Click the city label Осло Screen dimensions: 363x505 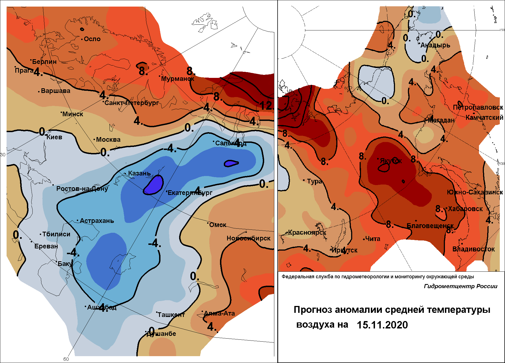pos(92,39)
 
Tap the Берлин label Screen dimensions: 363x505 pos(44,62)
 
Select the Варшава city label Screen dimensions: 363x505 pos(55,91)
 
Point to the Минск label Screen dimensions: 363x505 pos(73,114)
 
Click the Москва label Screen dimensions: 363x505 pos(108,140)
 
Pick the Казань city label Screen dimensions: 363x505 pos(139,173)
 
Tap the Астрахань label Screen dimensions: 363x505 pos(97,221)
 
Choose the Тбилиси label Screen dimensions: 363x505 pos(56,234)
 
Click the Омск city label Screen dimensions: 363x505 pos(218,225)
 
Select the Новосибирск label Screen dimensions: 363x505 pos(249,238)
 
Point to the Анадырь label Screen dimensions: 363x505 pos(435,45)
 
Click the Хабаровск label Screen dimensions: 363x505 pos(465,209)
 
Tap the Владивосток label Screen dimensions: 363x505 pos(473,249)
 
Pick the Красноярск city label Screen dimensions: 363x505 pos(307,233)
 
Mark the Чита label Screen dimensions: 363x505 pos(373,239)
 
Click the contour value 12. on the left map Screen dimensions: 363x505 pos(266,106)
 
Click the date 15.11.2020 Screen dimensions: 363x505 pos(382,325)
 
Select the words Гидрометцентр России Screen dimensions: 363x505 pos(461,286)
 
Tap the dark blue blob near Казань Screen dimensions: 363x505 pos(154,185)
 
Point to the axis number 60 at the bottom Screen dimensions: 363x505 pos(66,359)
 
